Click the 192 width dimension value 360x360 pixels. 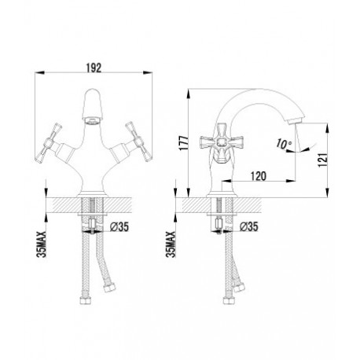(94, 68)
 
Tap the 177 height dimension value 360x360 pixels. (183, 143)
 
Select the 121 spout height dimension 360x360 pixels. (322, 160)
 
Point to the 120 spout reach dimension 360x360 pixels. (259, 176)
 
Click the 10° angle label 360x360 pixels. (284, 144)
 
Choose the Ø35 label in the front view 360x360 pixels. (119, 226)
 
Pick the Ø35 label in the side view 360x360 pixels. (249, 226)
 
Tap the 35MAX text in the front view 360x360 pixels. (42, 244)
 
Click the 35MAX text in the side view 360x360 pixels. (171, 244)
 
